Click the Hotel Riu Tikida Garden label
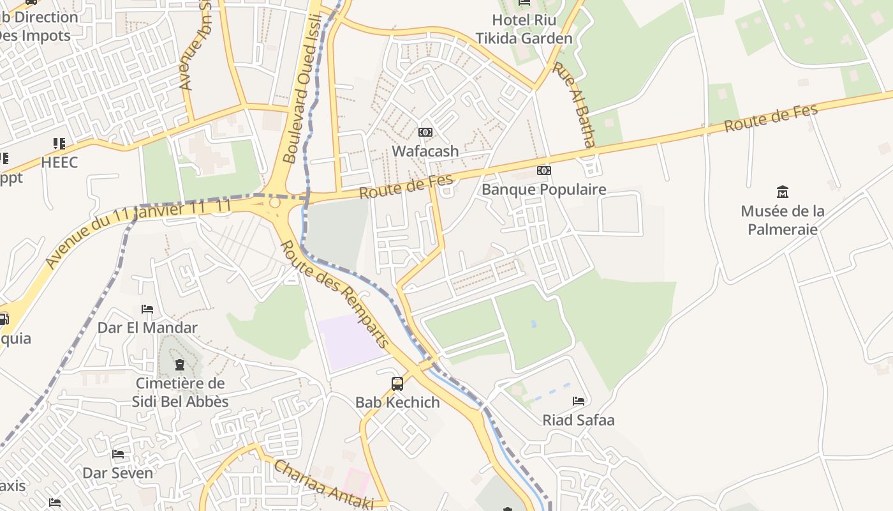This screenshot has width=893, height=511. click(524, 29)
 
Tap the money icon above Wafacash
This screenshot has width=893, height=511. click(425, 132)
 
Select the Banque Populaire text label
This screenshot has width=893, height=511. click(543, 190)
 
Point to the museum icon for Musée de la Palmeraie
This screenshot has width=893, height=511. click(782, 192)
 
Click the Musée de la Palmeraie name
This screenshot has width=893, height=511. click(782, 220)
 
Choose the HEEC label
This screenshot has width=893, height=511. click(59, 162)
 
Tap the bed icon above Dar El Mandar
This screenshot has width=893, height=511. click(147, 309)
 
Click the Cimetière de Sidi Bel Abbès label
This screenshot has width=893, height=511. click(180, 392)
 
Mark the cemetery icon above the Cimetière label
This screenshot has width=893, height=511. click(180, 365)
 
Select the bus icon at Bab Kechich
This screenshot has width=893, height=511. click(397, 383)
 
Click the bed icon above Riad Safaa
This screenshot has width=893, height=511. click(579, 401)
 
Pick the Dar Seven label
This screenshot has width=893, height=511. click(118, 473)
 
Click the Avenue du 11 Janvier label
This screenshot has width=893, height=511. click(137, 234)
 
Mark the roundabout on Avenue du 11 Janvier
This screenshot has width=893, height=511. click(275, 202)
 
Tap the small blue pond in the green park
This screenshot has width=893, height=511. click(533, 324)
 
